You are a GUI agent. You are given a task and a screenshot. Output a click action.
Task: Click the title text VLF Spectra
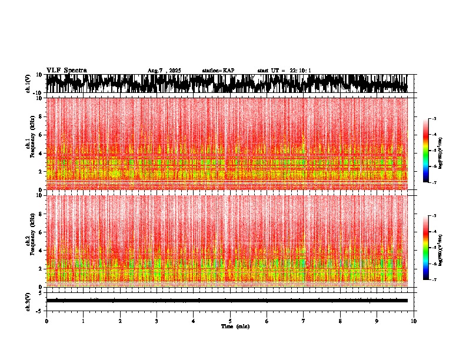click(66, 70)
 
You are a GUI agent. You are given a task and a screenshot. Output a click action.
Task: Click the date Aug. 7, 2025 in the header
click(164, 71)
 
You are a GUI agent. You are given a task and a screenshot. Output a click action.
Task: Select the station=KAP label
click(218, 71)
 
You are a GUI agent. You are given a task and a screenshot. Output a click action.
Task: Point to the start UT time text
click(284, 71)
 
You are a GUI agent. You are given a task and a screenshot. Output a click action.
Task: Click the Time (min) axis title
click(235, 326)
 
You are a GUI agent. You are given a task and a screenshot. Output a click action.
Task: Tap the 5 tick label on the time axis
click(230, 321)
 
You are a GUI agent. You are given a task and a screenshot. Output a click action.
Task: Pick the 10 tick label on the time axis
click(414, 321)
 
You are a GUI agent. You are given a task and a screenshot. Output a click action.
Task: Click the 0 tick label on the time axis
click(46, 321)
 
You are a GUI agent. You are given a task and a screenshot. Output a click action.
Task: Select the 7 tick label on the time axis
click(304, 321)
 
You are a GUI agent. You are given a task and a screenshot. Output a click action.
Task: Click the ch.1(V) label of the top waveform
click(28, 84)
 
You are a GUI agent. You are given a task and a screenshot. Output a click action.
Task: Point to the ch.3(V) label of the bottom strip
click(28, 300)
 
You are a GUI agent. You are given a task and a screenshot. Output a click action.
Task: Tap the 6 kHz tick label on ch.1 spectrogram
click(41, 135)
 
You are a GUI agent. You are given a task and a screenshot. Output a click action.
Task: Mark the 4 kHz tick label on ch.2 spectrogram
click(41, 250)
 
